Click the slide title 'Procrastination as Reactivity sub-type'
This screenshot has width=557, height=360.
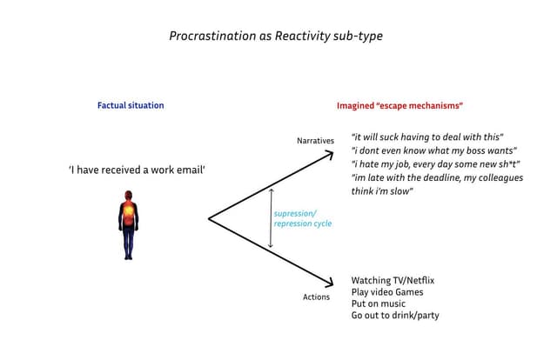pyautogui.click(x=275, y=37)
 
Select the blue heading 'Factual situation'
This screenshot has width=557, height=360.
pyautogui.click(x=131, y=105)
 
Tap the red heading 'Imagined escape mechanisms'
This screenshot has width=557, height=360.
pyautogui.click(x=399, y=106)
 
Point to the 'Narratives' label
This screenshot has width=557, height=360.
pyautogui.click(x=315, y=141)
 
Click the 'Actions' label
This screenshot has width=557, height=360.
pyautogui.click(x=316, y=297)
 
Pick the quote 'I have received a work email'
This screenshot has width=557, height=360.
pyautogui.click(x=137, y=170)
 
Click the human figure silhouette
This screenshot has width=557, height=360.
pyautogui.click(x=128, y=228)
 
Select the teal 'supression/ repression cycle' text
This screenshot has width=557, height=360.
pyautogui.click(x=302, y=218)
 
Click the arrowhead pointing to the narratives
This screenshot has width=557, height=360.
pyautogui.click(x=330, y=155)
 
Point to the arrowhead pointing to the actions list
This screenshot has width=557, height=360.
pyautogui.click(x=330, y=282)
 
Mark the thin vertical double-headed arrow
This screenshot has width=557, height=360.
pyautogui.click(x=271, y=217)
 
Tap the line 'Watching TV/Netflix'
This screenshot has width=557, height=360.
pyautogui.click(x=392, y=281)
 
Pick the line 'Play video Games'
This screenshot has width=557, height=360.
pyautogui.click(x=386, y=292)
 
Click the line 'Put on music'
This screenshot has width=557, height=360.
pyautogui.click(x=378, y=303)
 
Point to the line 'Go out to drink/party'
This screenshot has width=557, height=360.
pyautogui.click(x=394, y=315)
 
